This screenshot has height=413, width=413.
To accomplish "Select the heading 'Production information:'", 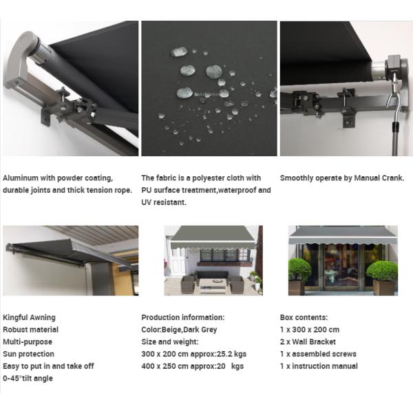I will pos(182,317).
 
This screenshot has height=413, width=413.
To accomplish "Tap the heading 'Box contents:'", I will pos(304,317).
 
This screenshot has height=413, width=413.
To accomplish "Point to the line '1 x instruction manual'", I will pos(319,366).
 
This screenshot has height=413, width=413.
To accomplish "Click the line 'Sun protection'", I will pos(28,354).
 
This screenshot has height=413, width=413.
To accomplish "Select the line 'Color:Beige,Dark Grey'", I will pos(179,330).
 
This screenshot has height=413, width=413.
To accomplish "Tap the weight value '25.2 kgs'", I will pos(232,354).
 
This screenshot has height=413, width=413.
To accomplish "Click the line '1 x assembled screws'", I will pos(318,354).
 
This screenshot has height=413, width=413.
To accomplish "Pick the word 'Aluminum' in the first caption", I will pos(21,178).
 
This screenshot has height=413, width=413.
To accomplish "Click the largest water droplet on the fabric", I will pos(213,71).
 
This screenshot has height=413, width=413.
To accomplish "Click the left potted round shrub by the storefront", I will pos(299,269).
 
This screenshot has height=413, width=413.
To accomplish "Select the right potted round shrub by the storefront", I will pos(382,271).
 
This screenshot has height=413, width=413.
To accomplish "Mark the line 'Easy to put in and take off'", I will pos(47,366).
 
